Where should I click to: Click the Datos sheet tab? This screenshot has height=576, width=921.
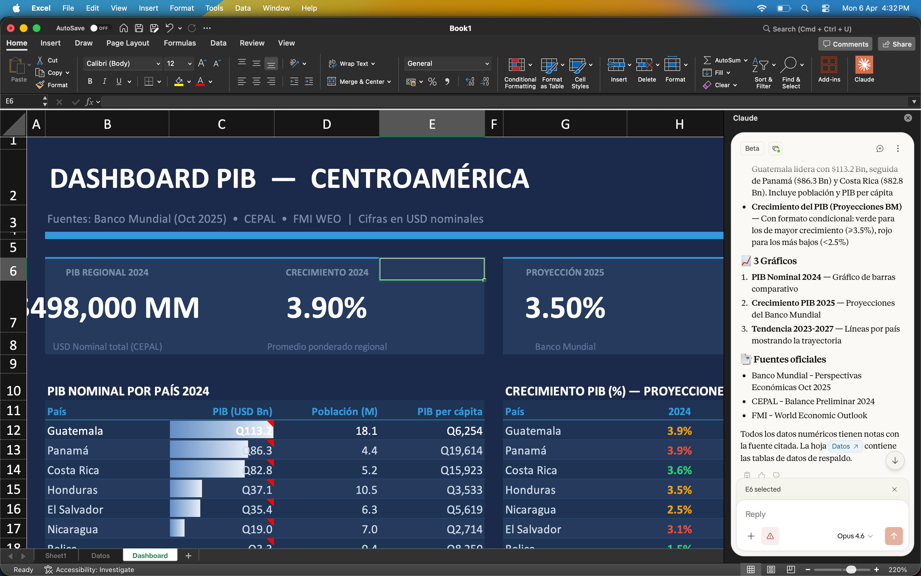pos(100,555)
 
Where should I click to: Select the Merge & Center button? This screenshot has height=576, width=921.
pos(359,82)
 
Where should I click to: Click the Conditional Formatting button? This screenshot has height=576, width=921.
pos(520,72)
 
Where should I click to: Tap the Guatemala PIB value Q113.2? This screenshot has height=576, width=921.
pos(254,431)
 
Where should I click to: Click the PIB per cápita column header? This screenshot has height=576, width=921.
pos(449,411)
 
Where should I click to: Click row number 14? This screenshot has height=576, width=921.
pos(13,470)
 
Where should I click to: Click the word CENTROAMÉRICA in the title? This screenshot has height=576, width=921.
pos(419,179)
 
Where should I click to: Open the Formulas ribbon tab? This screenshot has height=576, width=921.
pos(179,43)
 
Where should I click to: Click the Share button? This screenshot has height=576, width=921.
pos(897,44)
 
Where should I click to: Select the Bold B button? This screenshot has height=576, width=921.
pos(90,81)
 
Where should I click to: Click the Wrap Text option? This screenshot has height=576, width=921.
pos(352,64)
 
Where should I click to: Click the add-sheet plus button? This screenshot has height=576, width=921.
pos(188,556)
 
